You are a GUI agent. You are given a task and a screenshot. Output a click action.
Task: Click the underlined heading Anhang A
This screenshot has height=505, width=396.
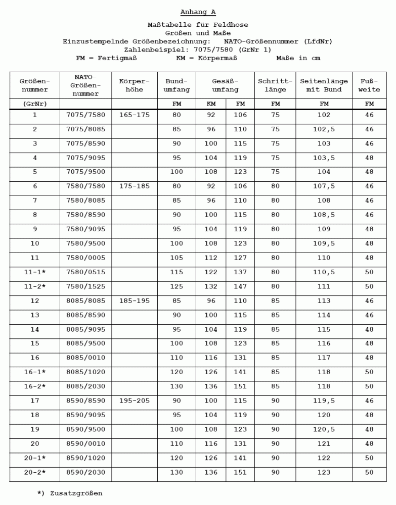[198, 12]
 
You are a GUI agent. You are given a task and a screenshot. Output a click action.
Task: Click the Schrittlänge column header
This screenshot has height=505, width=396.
[275, 85]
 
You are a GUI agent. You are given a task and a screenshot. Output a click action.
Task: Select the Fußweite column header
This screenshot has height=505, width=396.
[369, 85]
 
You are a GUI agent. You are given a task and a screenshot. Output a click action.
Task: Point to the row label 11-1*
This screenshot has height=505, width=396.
[35, 272]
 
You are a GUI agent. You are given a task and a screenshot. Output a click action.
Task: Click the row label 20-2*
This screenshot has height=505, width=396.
[35, 473]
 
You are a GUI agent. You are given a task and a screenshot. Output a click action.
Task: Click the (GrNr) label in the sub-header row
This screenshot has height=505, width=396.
[35, 104]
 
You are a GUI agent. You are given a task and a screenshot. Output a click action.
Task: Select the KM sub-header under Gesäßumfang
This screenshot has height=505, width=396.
[211, 104]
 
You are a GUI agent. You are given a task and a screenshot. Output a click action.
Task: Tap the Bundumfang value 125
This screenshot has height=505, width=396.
[177, 287]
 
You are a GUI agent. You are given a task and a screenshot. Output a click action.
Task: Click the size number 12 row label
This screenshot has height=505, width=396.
[35, 301]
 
